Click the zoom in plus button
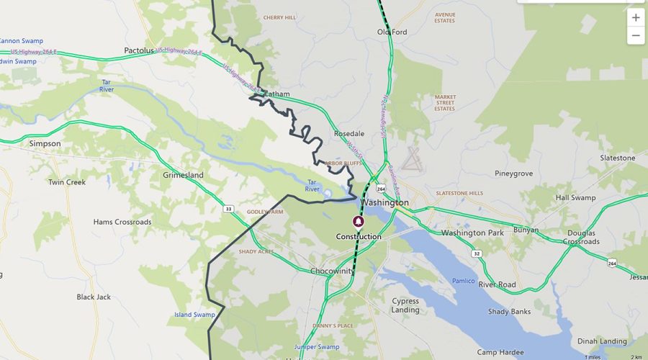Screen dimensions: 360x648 click(x=636, y=17)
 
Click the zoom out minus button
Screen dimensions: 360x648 click(x=636, y=35)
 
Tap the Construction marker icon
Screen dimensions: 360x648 click(x=358, y=222)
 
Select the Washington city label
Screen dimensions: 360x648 click(x=385, y=203)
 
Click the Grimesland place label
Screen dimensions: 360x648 click(x=183, y=175)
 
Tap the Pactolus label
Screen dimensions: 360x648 click(x=139, y=51)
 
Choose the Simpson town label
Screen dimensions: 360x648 click(x=45, y=144)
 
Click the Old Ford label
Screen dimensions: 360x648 click(x=392, y=32)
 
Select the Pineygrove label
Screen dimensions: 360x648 click(x=513, y=174)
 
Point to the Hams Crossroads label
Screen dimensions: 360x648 click(x=122, y=222)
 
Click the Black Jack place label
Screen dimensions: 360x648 click(x=94, y=297)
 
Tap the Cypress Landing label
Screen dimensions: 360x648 click(x=405, y=305)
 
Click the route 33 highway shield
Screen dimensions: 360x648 click(x=229, y=209)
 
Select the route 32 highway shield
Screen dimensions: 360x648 click(x=477, y=253)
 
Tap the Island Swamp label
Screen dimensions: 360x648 click(x=194, y=315)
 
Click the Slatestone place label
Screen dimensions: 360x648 click(x=618, y=158)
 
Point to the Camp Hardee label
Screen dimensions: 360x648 click(x=498, y=352)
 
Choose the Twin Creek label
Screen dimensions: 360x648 click(x=67, y=182)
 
